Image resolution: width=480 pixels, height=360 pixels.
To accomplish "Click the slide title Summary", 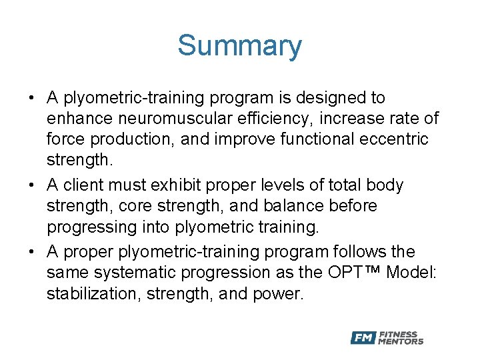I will click(x=239, y=45).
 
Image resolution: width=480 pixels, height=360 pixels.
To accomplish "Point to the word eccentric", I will click(x=395, y=140).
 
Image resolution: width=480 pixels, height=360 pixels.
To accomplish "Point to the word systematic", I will click(x=131, y=273).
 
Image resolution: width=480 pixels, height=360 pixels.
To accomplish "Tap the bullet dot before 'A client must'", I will click(x=32, y=185).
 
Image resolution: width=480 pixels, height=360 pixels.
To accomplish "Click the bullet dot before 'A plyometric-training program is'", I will click(x=32, y=98).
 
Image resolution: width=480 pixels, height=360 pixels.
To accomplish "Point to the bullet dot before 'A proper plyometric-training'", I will click(x=32, y=251).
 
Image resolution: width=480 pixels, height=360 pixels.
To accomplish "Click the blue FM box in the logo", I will click(x=363, y=338).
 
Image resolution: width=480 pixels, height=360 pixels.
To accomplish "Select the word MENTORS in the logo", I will click(x=401, y=342).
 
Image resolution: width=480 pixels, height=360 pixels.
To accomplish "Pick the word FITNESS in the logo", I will click(x=398, y=334).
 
